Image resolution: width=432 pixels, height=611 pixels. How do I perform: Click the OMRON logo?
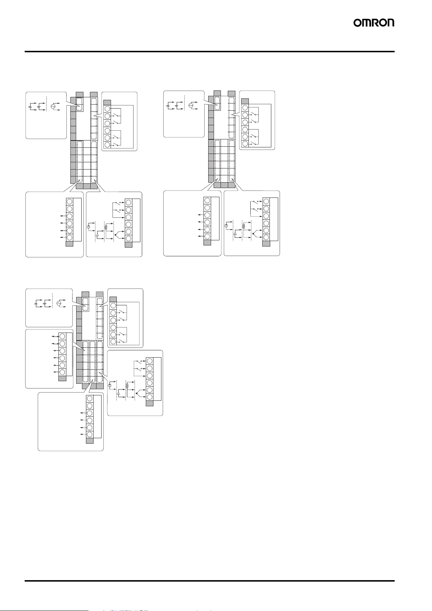[x=374, y=23]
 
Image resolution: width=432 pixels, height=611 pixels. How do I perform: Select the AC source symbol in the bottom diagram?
[x=59, y=303]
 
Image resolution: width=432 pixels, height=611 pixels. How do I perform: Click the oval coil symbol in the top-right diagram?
[x=244, y=225]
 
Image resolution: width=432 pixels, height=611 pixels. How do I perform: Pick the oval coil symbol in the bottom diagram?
[x=127, y=386]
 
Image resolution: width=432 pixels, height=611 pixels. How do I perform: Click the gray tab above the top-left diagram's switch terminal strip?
[x=107, y=102]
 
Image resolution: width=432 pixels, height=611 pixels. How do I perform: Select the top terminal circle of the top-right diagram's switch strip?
[x=245, y=108]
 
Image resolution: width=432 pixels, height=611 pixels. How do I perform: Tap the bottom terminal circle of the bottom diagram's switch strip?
[x=113, y=342]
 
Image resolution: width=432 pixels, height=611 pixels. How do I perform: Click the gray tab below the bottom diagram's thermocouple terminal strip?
[x=149, y=403]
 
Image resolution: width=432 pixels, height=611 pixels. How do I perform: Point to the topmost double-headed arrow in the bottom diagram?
[x=55, y=336]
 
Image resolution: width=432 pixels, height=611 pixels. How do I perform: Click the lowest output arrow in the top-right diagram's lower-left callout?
[x=199, y=236]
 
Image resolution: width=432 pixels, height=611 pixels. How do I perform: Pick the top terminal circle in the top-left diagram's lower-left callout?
[x=69, y=202]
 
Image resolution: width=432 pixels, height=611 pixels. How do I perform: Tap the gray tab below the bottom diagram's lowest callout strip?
[x=90, y=441]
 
